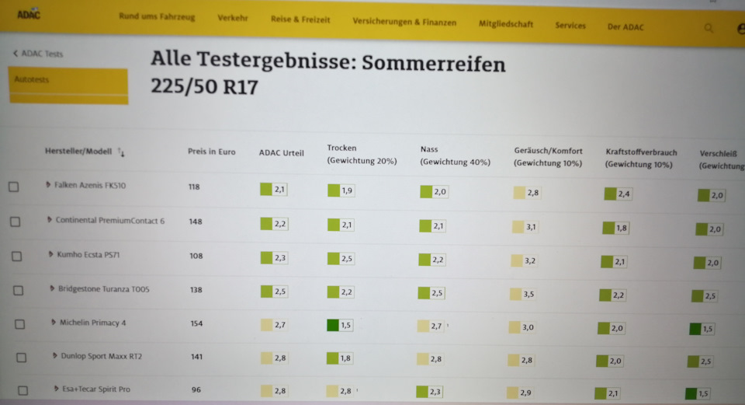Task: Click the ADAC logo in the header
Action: pos(29,15)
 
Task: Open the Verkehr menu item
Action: pos(233,18)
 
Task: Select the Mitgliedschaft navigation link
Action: pos(505,24)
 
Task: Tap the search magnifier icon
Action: pos(709,29)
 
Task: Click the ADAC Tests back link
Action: pos(38,54)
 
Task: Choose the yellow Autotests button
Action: pos(68,86)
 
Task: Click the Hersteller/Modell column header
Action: pos(78,152)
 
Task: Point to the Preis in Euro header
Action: pos(211,152)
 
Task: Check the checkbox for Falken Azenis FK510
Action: pos(14,187)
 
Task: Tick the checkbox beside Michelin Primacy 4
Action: pos(19,324)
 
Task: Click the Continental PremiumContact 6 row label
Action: pos(109,220)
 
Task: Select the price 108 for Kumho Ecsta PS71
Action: pos(196,256)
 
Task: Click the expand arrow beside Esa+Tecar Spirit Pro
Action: pos(56,389)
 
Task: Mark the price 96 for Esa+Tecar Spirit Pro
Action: pos(196,389)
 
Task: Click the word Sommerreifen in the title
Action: pos(434,64)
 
